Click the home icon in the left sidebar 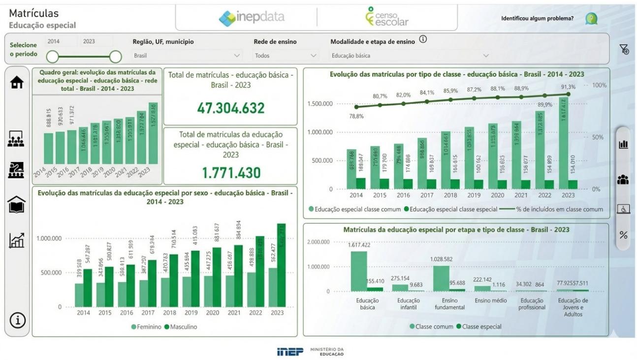(17, 83)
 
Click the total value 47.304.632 (230, 108)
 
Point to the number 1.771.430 (230, 172)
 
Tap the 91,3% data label (568, 87)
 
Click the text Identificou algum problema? (537, 19)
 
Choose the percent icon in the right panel (623, 235)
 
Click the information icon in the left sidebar (17, 321)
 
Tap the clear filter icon (624, 49)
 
